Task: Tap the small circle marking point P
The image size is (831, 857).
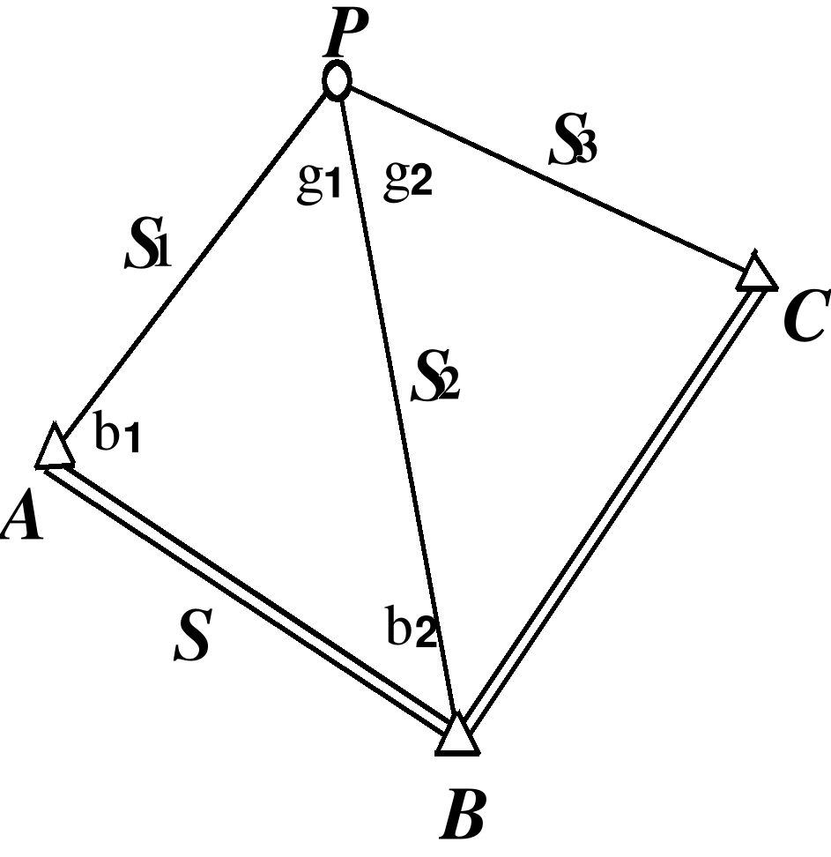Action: [337, 82]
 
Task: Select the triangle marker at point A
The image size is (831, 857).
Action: [55, 448]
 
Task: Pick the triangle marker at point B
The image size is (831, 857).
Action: [457, 737]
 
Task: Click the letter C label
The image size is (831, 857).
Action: [803, 318]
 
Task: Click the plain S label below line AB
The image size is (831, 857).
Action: [192, 637]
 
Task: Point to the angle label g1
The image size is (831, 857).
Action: [319, 184]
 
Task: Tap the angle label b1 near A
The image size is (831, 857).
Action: [118, 436]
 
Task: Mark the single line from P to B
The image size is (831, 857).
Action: [397, 406]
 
